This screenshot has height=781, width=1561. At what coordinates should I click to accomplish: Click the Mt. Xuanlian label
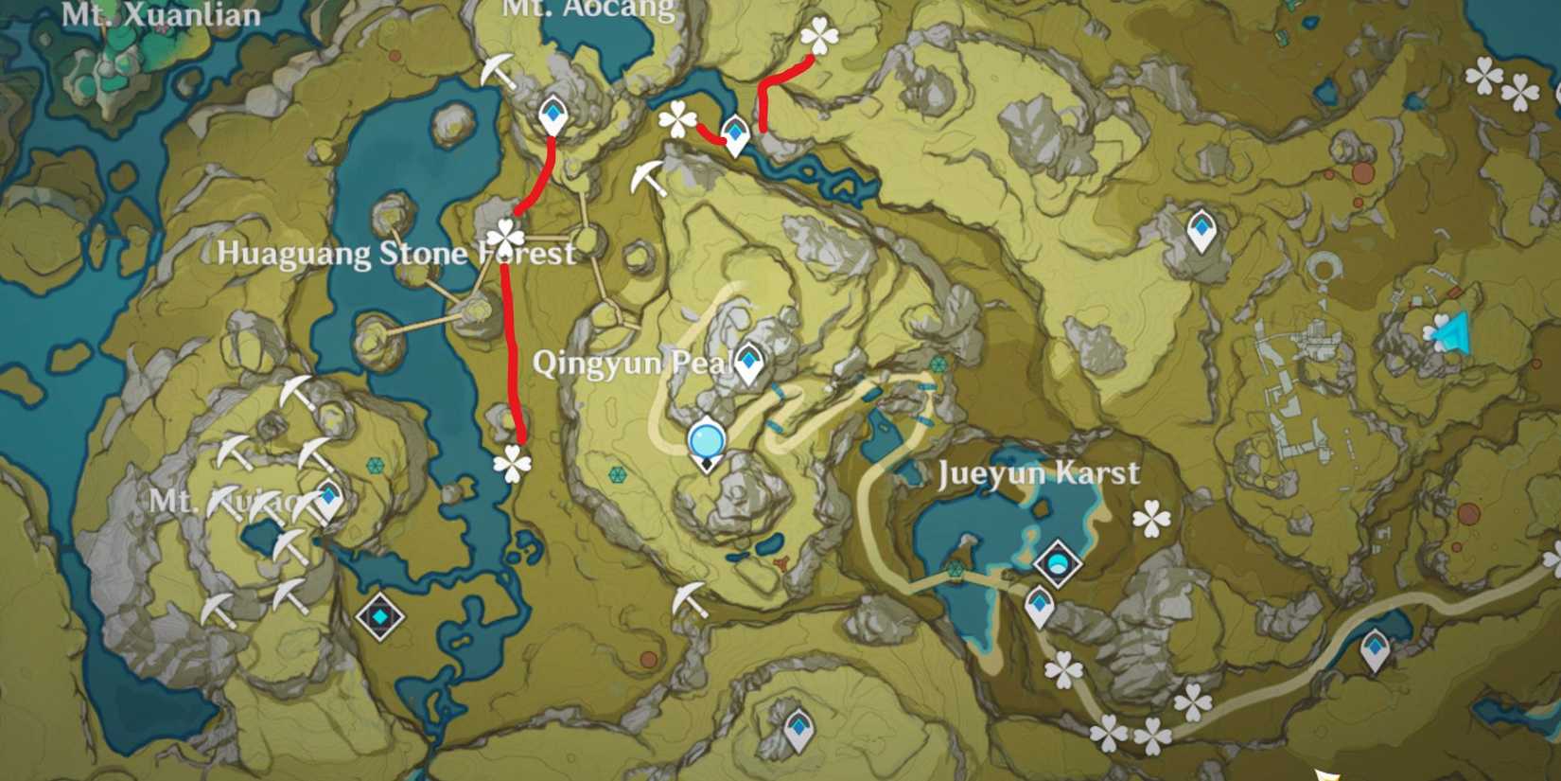161,15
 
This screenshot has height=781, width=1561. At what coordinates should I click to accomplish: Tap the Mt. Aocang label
588,9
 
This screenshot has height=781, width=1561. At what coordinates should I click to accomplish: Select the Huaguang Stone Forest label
396,253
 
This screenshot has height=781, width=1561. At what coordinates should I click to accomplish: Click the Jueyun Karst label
1039,473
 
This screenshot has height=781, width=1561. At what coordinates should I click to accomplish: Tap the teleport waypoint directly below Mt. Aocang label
552,116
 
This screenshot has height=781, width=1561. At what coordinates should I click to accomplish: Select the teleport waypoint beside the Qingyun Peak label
749,362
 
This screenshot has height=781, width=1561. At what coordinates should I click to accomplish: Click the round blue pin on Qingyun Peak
707,441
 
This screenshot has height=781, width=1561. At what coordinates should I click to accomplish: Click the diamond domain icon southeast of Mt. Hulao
379,617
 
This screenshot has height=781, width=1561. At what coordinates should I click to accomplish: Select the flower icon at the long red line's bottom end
512,463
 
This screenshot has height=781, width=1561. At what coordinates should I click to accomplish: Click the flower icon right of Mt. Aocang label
819,38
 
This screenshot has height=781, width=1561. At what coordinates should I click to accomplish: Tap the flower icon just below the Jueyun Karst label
1151,518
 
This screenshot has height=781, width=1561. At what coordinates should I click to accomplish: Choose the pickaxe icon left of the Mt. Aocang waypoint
498,71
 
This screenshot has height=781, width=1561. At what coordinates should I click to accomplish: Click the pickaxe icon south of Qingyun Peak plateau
690,598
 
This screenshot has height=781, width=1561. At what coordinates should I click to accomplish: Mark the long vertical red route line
512,360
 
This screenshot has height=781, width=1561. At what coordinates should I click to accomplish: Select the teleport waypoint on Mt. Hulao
328,497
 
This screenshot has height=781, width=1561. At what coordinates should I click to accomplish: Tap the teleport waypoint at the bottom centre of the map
798,730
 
